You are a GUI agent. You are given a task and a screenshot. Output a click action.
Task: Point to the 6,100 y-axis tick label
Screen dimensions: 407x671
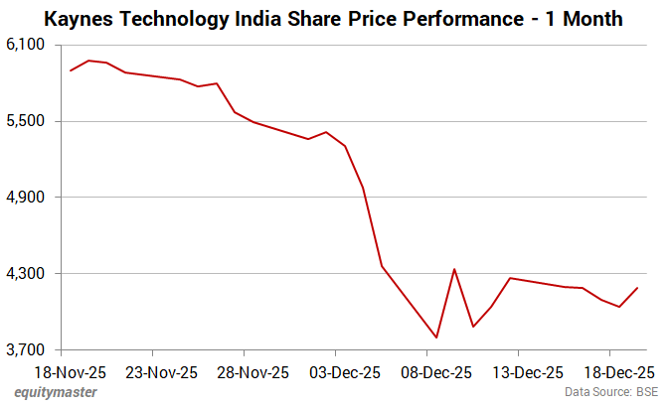point(27,45)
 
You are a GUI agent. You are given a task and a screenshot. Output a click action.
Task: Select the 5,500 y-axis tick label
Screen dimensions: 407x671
point(27,121)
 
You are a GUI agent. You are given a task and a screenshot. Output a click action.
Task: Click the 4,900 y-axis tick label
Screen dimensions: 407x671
point(27,198)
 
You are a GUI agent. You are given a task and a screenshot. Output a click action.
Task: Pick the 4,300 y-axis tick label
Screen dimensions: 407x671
point(27,274)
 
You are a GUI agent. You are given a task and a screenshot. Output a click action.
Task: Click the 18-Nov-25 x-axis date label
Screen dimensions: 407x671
point(70,373)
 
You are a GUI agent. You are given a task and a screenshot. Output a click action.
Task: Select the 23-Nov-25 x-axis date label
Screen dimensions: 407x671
point(161,373)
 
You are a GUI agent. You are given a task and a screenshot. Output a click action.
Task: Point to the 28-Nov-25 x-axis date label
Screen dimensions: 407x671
point(252,373)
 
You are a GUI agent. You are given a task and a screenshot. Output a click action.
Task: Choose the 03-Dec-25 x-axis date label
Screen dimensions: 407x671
point(344,373)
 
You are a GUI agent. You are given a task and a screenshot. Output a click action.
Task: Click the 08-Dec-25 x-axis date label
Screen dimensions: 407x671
point(435,373)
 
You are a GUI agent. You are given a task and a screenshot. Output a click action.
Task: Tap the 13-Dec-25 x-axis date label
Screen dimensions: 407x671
point(527,373)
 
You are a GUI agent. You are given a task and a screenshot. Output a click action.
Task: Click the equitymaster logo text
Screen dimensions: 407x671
point(56,393)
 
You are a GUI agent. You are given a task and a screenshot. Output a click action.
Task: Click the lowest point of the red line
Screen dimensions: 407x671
point(436,338)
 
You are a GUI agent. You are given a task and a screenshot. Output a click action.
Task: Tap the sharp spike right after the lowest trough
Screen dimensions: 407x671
point(454,269)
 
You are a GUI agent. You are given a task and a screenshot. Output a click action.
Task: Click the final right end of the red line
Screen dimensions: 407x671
point(637,288)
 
